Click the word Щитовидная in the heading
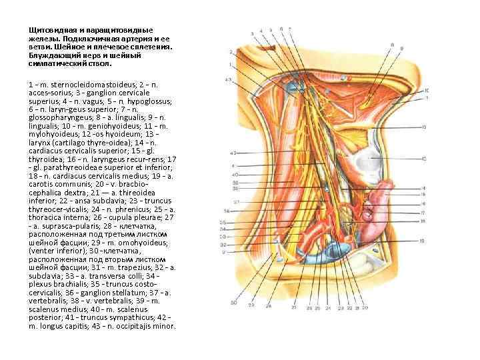tap(49, 31)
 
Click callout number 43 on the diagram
tap(228, 80)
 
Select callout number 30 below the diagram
tap(233, 303)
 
